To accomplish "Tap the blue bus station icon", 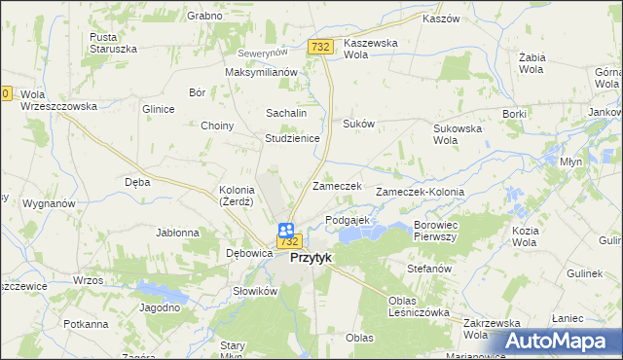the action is (x=286, y=231).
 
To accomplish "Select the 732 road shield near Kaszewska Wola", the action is (x=320, y=47).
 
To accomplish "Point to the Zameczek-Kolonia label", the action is (x=426, y=192).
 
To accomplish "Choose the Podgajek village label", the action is (x=348, y=221).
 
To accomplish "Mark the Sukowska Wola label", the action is (x=458, y=133).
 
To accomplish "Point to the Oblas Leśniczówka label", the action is (x=418, y=306).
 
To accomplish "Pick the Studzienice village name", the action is (x=293, y=138).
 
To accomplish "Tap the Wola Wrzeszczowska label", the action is (x=58, y=99).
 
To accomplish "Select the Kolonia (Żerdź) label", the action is (x=237, y=195).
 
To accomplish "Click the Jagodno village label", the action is (x=161, y=307).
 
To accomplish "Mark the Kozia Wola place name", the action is (x=525, y=236).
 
